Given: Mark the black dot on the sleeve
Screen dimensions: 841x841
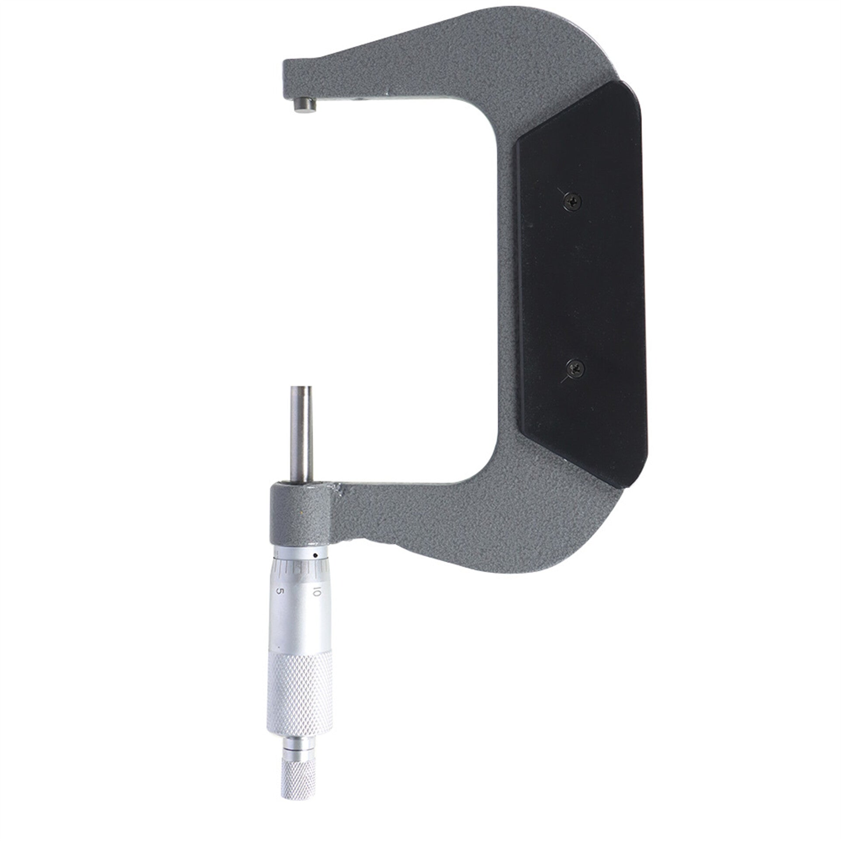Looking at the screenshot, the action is [315, 556].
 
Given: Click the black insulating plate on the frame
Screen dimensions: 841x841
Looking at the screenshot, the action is [581, 288].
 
